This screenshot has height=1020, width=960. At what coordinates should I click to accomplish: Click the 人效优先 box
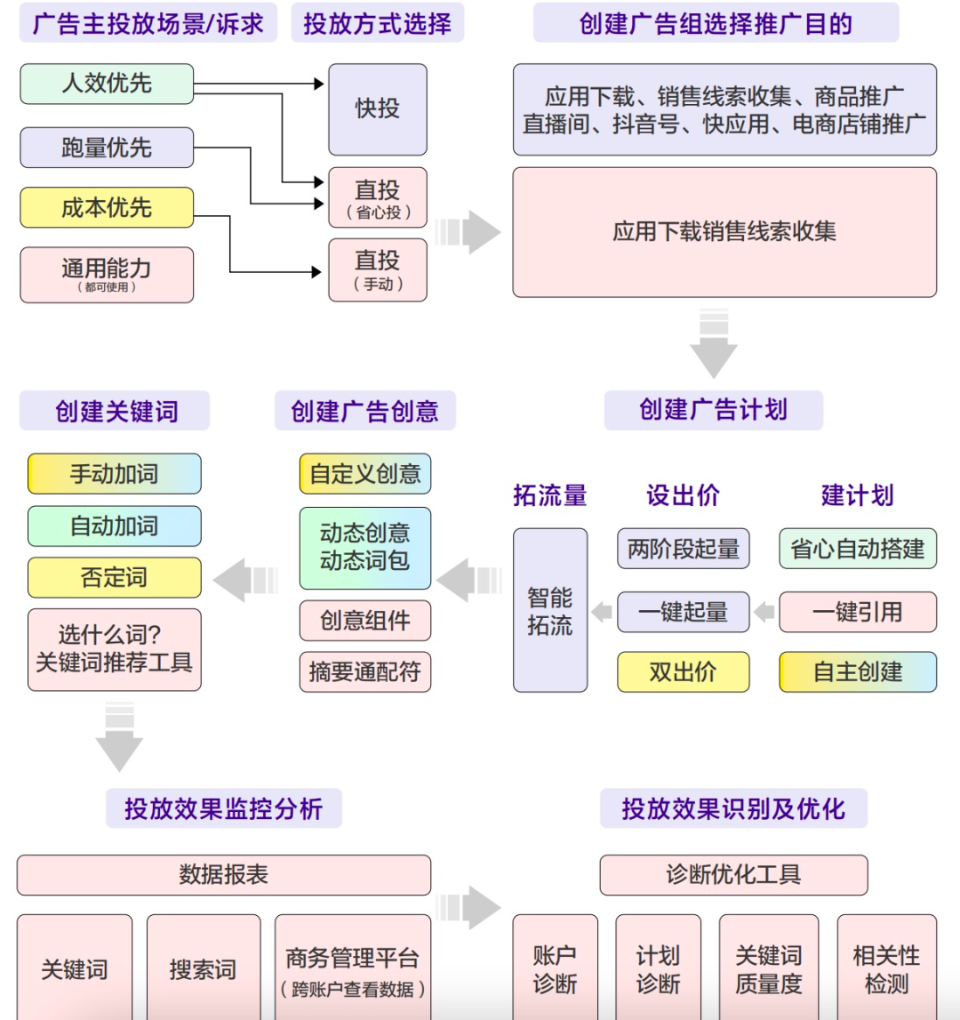point(107,84)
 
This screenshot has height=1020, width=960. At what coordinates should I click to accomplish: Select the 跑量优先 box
point(107,148)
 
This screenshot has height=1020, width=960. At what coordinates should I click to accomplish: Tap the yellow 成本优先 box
point(107,207)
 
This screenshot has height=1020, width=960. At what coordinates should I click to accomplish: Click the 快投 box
point(378,109)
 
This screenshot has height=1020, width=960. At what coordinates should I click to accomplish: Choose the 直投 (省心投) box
point(378,197)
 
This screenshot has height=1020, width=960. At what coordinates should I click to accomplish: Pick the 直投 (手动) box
point(378,269)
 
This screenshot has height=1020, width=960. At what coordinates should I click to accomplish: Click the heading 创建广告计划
point(713,410)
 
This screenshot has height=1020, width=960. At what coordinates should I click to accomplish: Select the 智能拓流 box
point(550,610)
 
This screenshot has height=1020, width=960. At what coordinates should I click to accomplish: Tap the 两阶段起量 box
point(683,549)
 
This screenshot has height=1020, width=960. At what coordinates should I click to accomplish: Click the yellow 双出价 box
point(683,671)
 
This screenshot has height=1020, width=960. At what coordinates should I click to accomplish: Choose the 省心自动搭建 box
point(858,549)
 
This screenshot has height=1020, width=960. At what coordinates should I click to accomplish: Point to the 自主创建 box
point(858,671)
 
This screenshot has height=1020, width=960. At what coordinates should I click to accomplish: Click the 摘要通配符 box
point(364,671)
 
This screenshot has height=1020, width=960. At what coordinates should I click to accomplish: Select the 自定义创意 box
point(364,474)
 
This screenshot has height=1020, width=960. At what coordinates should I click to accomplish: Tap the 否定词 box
point(114,578)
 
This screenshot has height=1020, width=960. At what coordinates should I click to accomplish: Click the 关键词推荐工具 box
point(114,649)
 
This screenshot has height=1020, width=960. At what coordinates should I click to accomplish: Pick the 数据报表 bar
point(223,875)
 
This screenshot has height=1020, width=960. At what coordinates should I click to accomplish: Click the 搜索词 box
point(204,968)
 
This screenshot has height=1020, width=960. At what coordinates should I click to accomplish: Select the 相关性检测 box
point(886,968)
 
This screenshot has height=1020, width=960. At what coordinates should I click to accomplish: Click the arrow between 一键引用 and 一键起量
point(764,612)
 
